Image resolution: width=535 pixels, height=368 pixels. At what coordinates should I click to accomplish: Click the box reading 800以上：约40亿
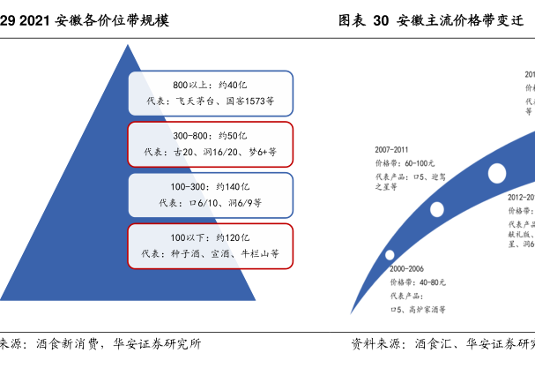210,94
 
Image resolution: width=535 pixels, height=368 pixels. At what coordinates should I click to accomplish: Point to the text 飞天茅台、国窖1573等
225,101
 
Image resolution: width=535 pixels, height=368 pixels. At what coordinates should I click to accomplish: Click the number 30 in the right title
380,19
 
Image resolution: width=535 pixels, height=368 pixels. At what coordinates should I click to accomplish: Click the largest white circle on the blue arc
496,171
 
